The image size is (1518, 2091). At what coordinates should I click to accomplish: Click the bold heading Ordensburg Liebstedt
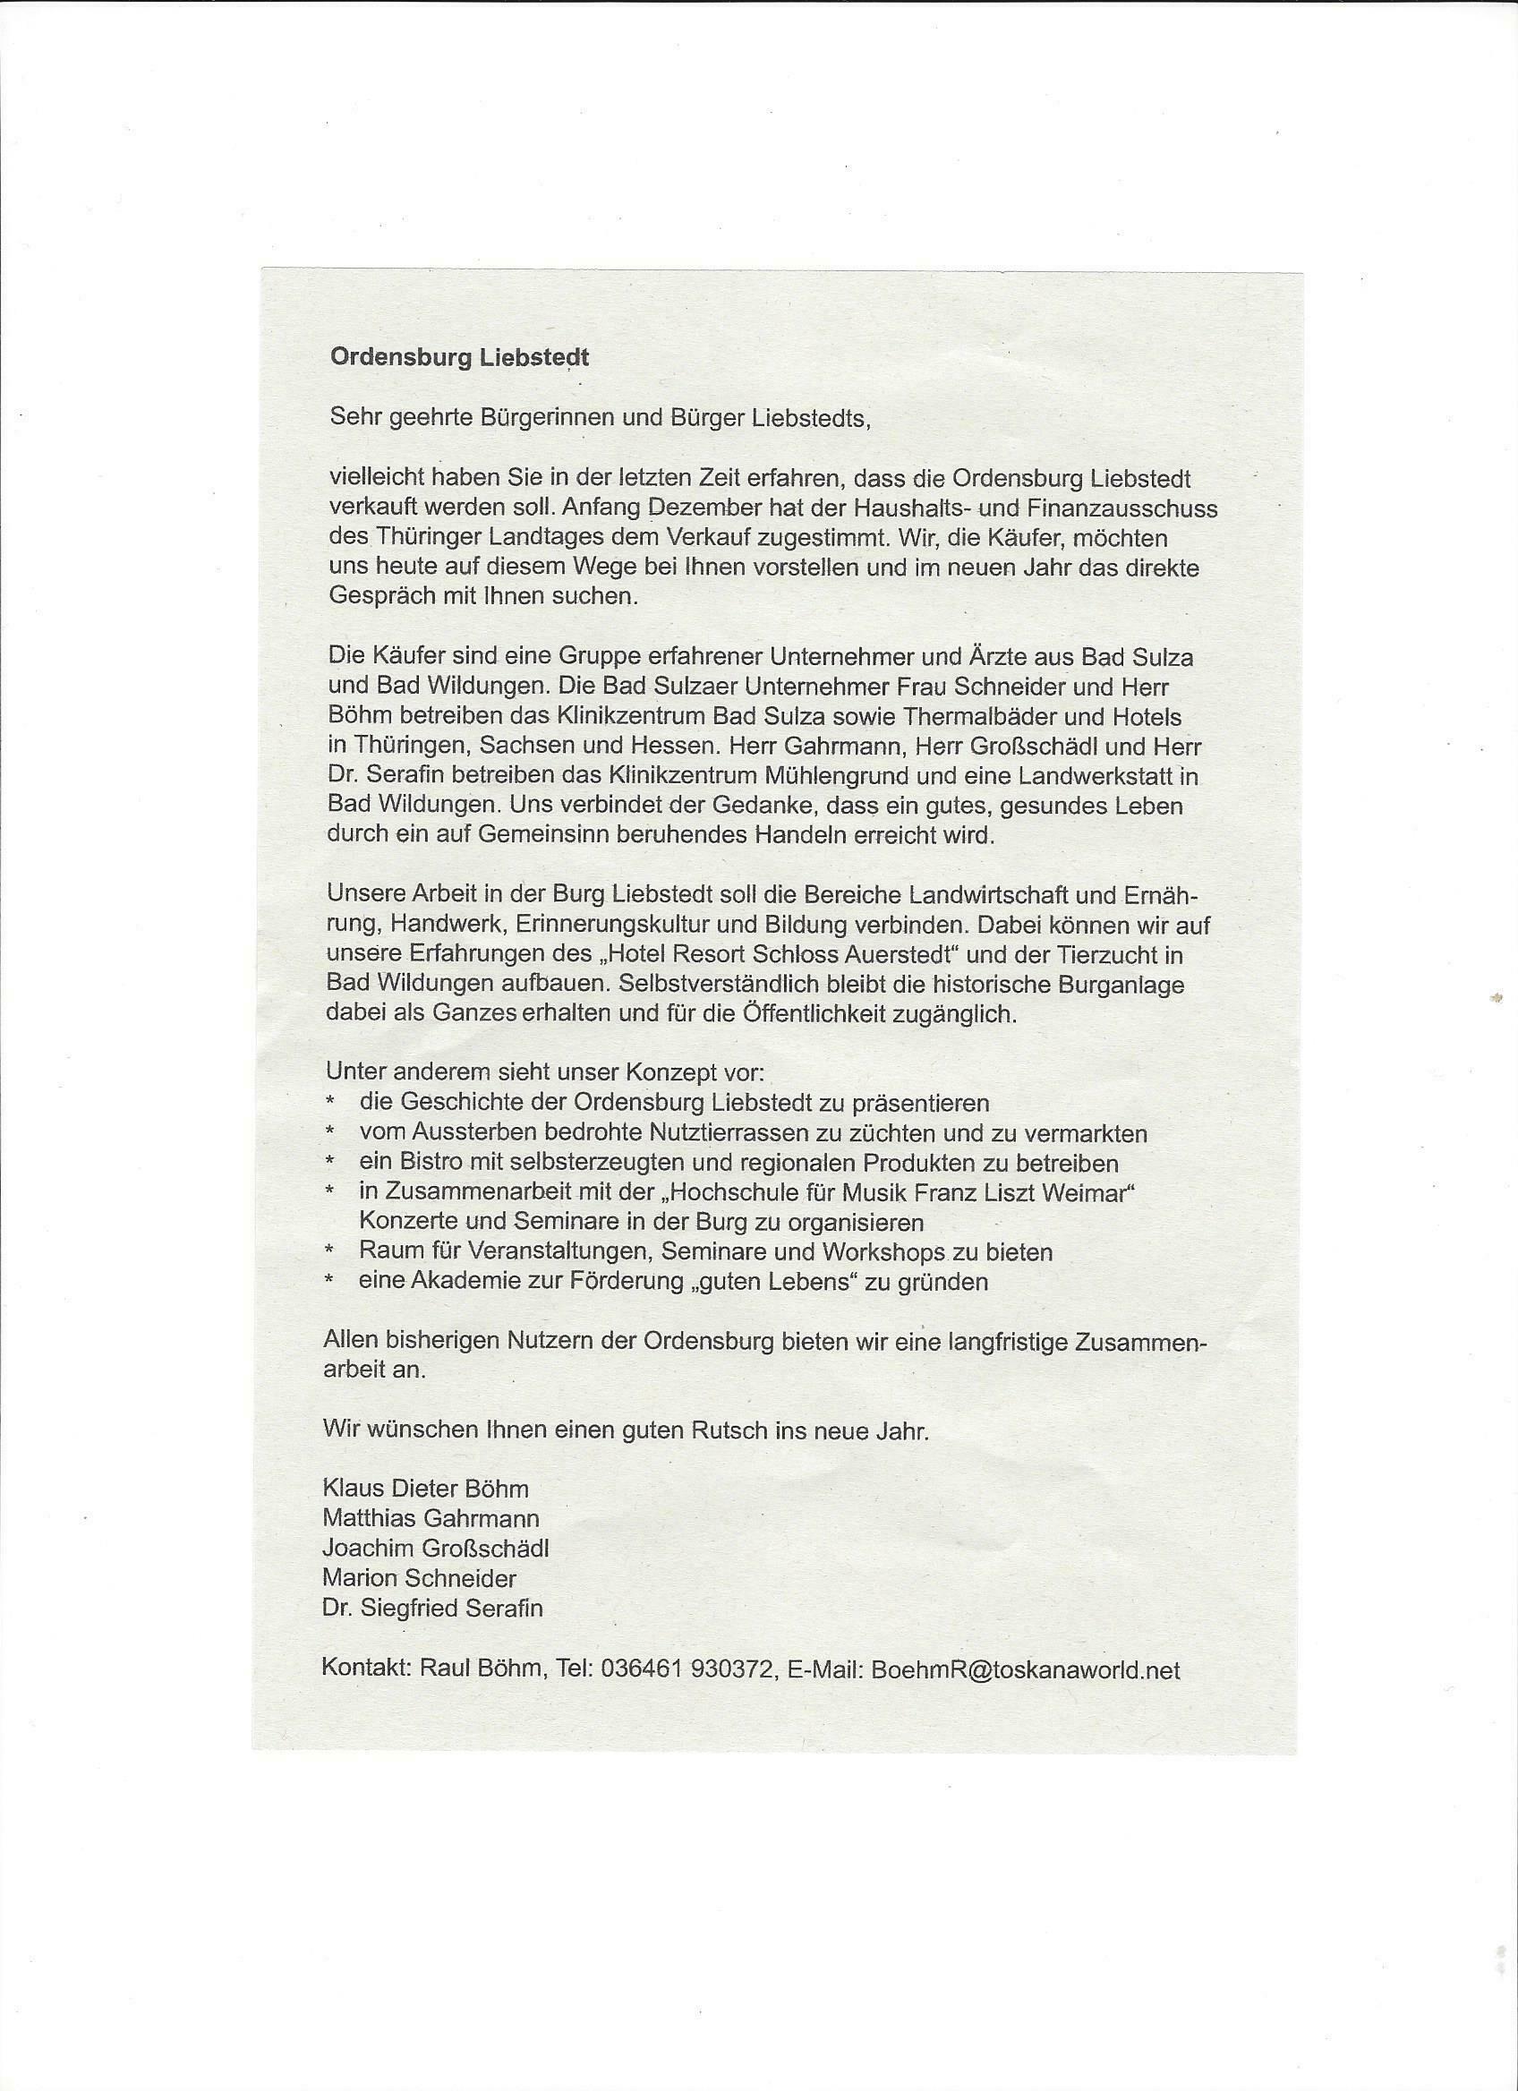pyautogui.click(x=459, y=358)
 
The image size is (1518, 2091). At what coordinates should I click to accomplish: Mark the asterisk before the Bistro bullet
pyautogui.click(x=329, y=1164)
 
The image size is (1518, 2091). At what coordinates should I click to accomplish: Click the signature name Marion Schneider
pyautogui.click(x=419, y=1577)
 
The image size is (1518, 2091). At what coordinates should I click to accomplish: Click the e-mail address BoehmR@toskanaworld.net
pyautogui.click(x=1025, y=1669)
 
